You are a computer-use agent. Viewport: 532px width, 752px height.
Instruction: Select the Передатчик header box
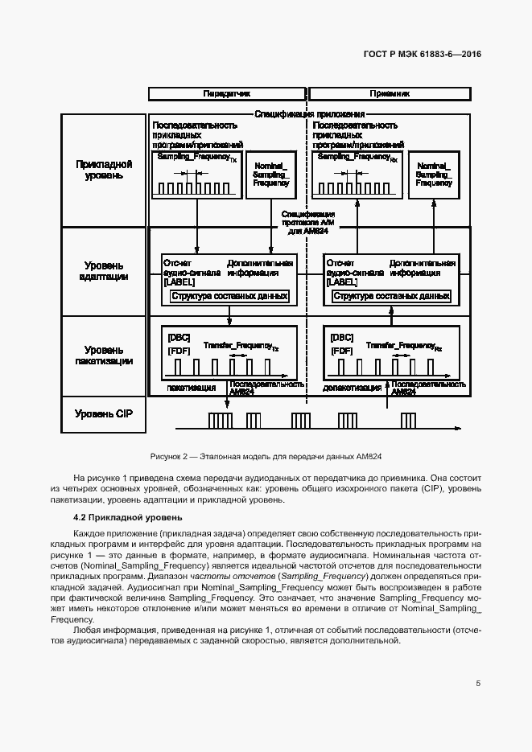pyautogui.click(x=227, y=93)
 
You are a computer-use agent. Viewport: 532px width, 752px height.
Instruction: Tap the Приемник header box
pyautogui.click(x=390, y=93)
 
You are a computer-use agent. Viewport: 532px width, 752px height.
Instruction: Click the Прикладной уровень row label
pyautogui.click(x=104, y=171)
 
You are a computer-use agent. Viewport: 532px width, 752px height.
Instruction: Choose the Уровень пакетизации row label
pyautogui.click(x=104, y=355)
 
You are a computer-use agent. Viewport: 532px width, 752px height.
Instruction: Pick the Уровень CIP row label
pyautogui.click(x=104, y=414)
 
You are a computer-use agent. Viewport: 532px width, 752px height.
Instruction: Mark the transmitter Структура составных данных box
pyautogui.click(x=229, y=296)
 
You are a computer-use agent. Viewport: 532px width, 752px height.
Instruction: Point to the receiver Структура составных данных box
pyautogui.click(x=392, y=296)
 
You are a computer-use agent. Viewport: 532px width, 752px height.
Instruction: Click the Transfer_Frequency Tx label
pyautogui.click(x=241, y=345)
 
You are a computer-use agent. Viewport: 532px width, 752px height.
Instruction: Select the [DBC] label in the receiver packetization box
pyautogui.click(x=342, y=338)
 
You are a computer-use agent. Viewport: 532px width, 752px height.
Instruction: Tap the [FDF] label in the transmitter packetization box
pyautogui.click(x=179, y=351)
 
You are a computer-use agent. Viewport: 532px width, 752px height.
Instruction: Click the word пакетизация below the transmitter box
pyautogui.click(x=192, y=388)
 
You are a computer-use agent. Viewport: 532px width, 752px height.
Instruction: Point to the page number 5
pyautogui.click(x=478, y=684)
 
